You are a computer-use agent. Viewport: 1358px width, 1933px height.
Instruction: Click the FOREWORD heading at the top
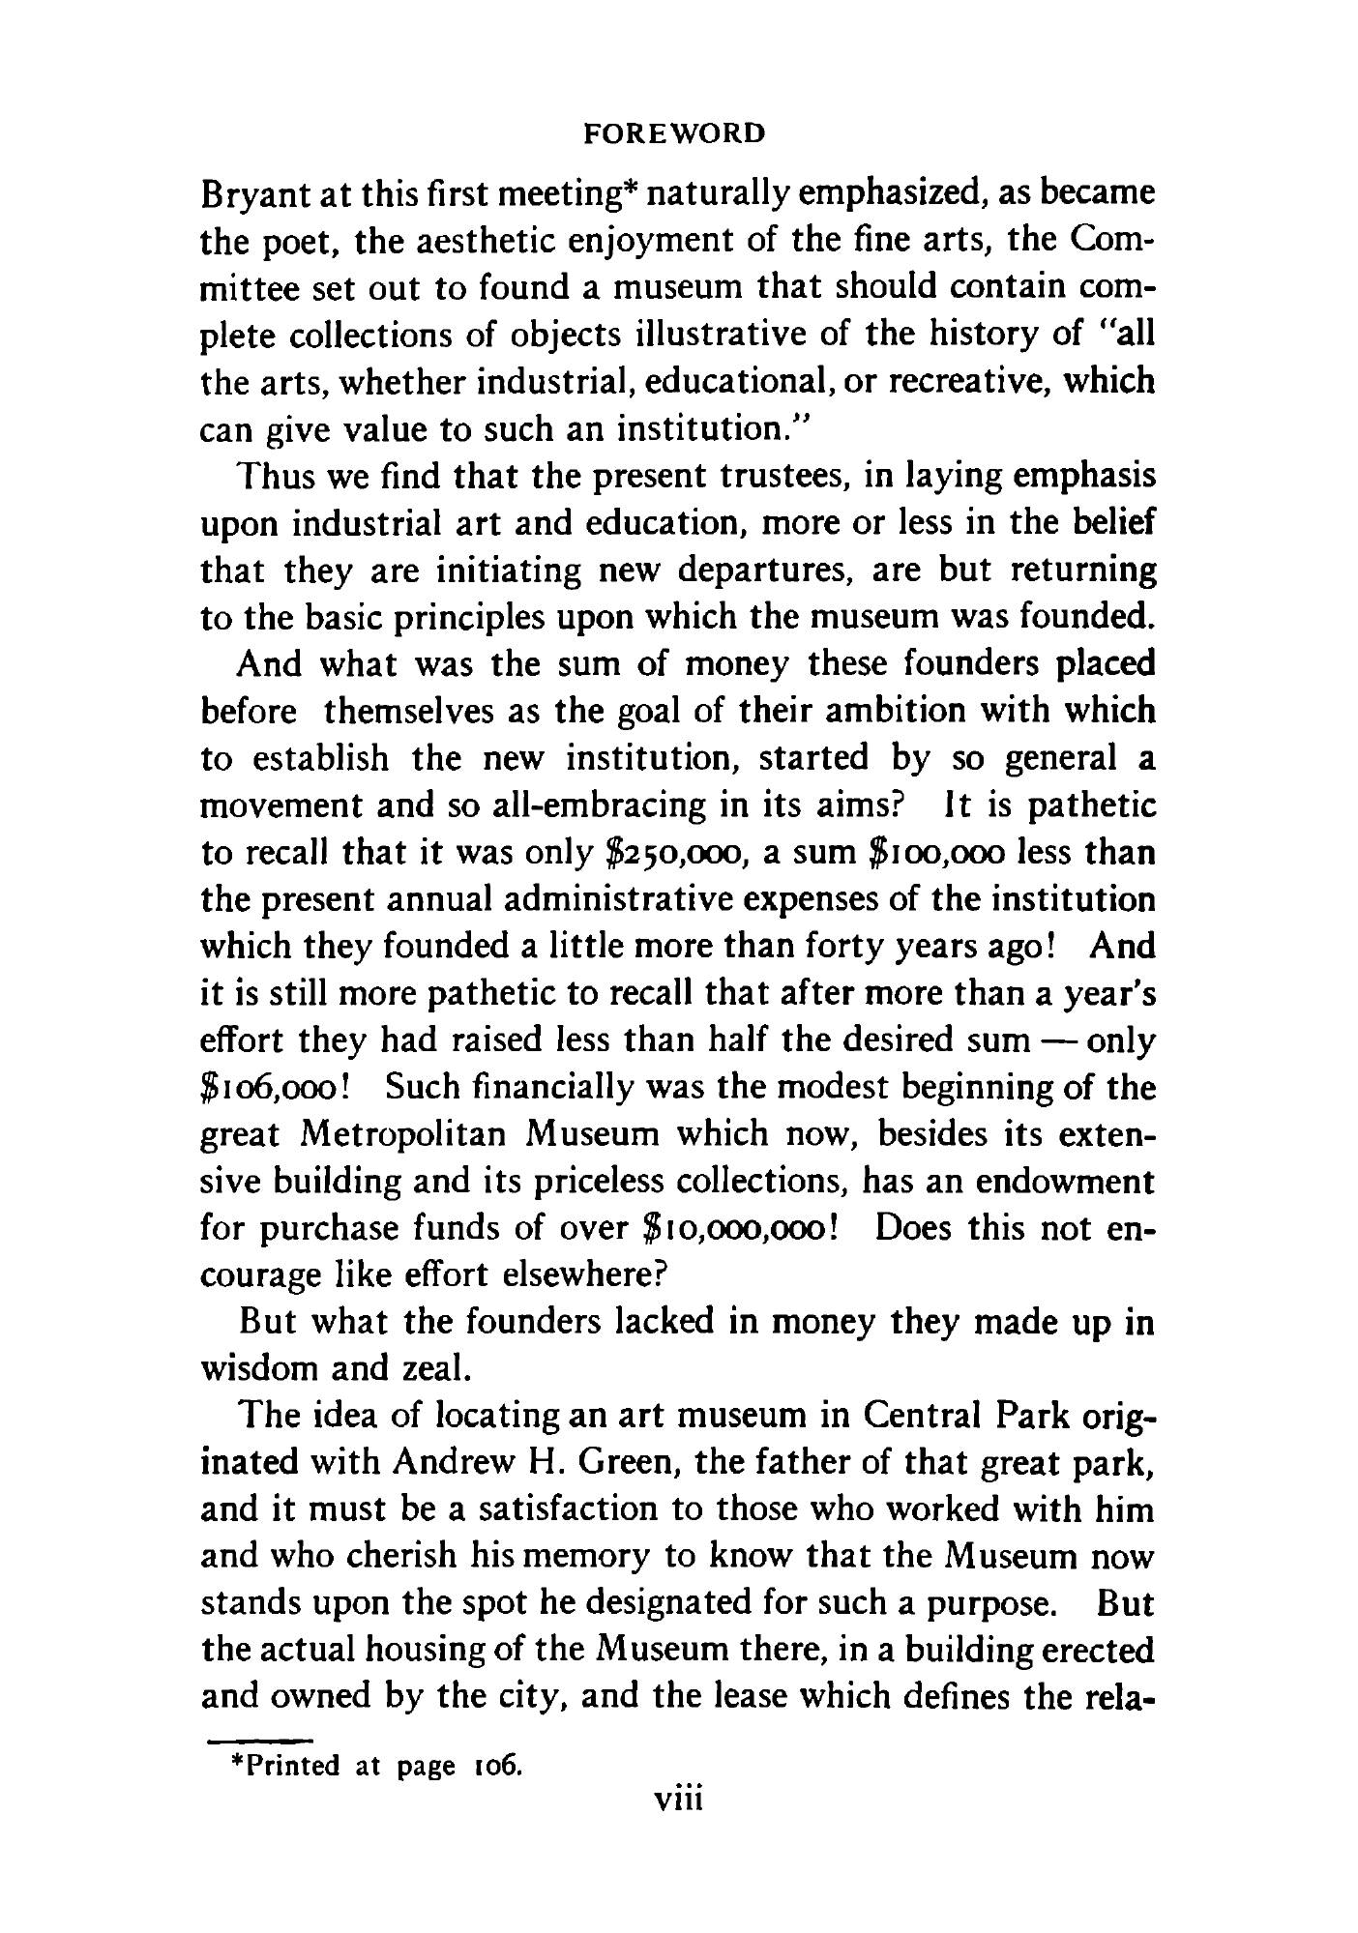(676, 132)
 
